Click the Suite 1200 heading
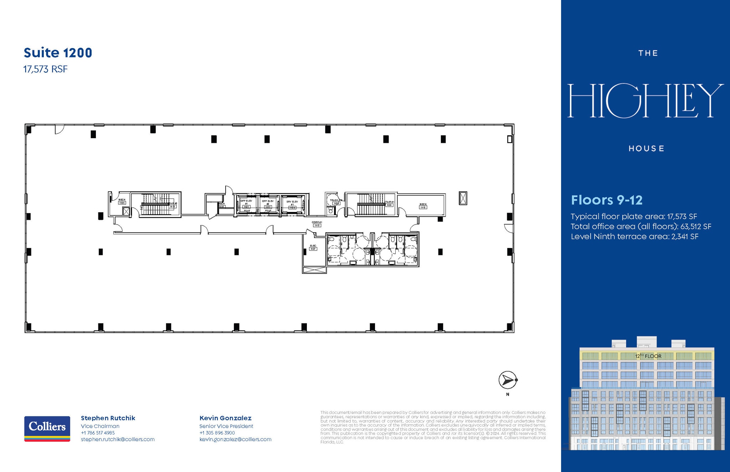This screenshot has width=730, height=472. (58, 53)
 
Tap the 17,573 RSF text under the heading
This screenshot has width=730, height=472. (45, 69)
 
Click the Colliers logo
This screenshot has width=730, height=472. (47, 429)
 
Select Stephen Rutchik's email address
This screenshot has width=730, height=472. (118, 440)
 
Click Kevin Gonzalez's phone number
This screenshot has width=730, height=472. (217, 433)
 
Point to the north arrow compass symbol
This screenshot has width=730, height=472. (508, 380)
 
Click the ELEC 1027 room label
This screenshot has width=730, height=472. (313, 247)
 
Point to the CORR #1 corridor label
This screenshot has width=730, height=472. (317, 224)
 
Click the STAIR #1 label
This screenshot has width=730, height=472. (389, 203)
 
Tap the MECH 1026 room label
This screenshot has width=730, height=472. (122, 201)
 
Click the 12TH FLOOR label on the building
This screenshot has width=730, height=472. (648, 356)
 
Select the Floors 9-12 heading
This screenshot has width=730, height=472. (607, 200)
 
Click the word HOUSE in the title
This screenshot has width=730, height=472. (646, 149)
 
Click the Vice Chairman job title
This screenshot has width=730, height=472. (100, 426)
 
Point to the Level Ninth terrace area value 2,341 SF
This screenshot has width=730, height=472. (685, 237)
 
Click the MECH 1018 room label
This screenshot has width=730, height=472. (423, 206)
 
